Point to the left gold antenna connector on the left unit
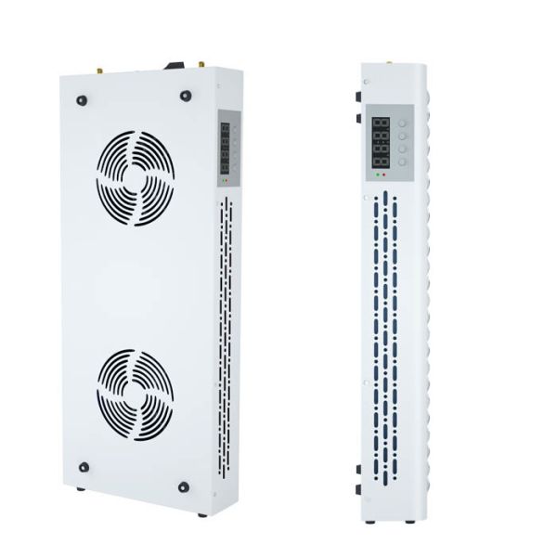[x=98, y=69]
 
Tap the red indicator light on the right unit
[x=382, y=175]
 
